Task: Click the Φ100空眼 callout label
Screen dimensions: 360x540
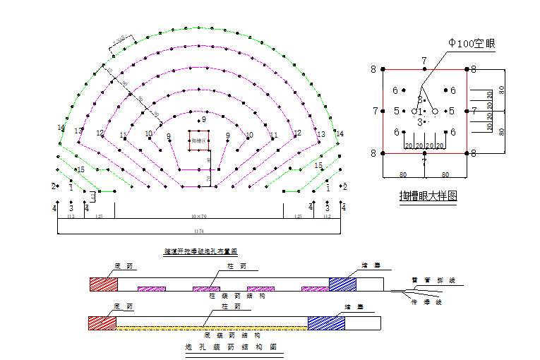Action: pyautogui.click(x=472, y=44)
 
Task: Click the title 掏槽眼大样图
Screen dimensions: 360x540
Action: pyautogui.click(x=428, y=196)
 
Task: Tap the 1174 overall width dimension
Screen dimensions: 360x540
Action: pyautogui.click(x=200, y=231)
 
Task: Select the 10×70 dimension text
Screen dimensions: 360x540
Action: pyautogui.click(x=199, y=216)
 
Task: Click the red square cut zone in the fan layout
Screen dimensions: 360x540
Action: pyautogui.click(x=198, y=141)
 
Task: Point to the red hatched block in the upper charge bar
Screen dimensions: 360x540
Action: pyautogui.click(x=103, y=284)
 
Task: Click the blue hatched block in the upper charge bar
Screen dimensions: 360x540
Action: pyautogui.click(x=342, y=284)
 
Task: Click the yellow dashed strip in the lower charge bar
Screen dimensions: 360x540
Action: pyautogui.click(x=212, y=328)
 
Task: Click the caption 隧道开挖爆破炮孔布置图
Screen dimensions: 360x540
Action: pyautogui.click(x=200, y=251)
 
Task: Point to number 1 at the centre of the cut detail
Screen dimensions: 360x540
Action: pyautogui.click(x=421, y=112)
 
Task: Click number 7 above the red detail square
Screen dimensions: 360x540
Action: pyautogui.click(x=424, y=61)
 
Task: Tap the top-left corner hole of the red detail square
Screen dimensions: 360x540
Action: pyautogui.click(x=383, y=69)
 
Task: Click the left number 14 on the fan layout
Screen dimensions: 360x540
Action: pyautogui.click(x=61, y=128)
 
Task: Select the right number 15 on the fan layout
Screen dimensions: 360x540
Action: pyautogui.click(x=318, y=166)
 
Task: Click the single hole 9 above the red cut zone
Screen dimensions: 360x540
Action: pyautogui.click(x=204, y=120)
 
